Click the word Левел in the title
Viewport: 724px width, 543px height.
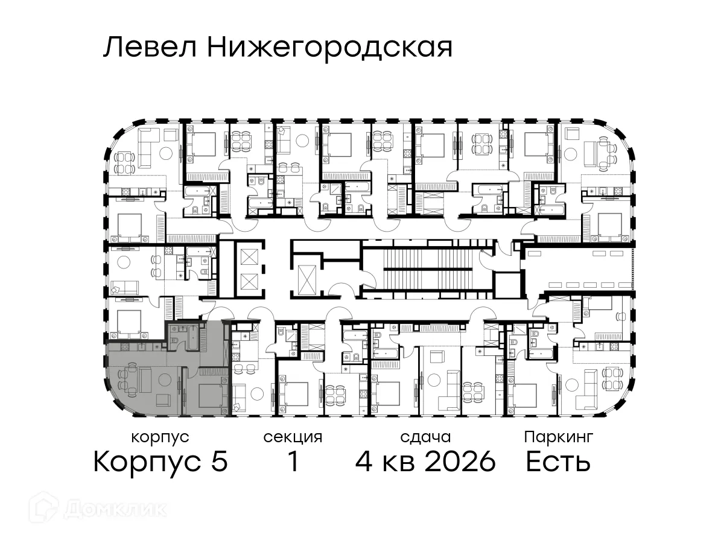[151, 47]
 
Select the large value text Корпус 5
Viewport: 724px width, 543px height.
[160, 462]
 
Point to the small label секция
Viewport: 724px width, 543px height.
[293, 437]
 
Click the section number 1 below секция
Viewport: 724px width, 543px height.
[293, 462]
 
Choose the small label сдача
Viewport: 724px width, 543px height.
[425, 437]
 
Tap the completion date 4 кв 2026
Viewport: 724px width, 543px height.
[425, 462]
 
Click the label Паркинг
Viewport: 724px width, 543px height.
[559, 437]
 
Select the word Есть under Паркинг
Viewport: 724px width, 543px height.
[557, 462]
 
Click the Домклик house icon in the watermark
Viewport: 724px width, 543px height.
[45, 508]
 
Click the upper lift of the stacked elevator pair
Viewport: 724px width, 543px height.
[248, 256]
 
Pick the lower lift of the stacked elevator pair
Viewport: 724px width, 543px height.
[248, 281]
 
